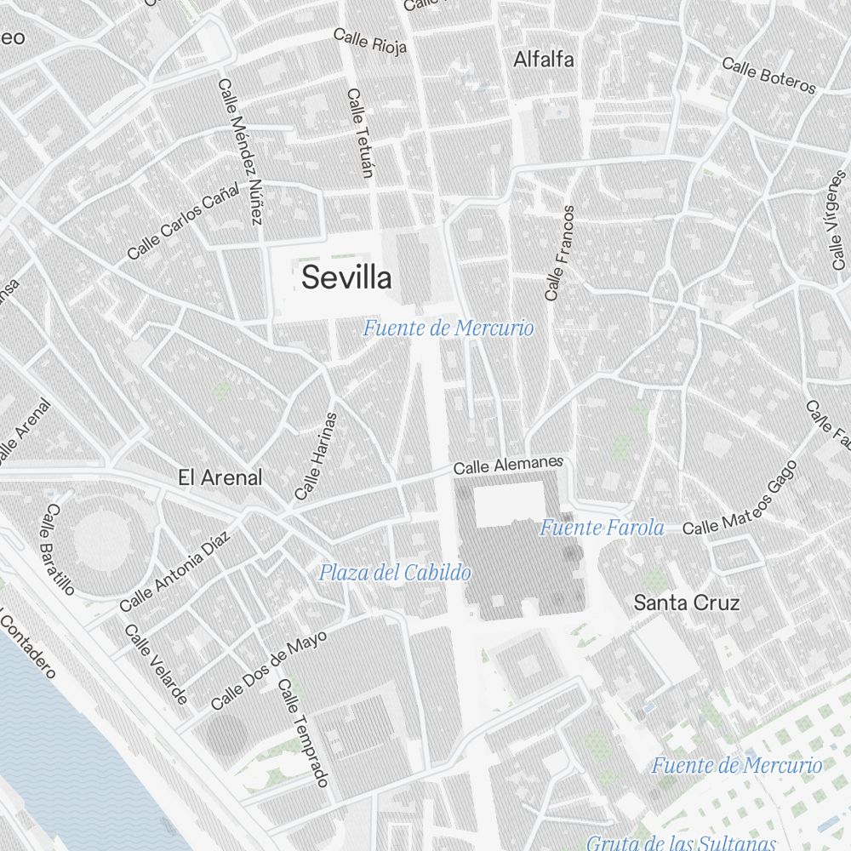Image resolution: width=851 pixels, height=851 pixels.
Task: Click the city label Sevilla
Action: coord(347,277)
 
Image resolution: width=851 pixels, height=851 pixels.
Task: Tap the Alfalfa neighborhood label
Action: coord(544,60)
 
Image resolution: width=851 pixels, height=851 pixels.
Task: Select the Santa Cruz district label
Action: coord(687,603)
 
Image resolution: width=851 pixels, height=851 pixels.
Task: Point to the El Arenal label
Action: coord(220,477)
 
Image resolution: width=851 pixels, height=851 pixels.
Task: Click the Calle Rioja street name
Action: coord(370,40)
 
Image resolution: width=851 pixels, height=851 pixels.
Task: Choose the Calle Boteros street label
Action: coord(768,76)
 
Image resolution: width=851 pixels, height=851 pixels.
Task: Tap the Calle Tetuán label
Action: coord(361,134)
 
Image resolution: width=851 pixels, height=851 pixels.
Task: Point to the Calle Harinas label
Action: coord(316,456)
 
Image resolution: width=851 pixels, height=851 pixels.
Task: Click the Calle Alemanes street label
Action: coord(508,465)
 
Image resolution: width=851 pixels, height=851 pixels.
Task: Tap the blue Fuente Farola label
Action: coord(601,528)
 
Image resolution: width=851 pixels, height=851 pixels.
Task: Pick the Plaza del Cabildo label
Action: coord(394,573)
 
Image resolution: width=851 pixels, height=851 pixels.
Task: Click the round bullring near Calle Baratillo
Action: coord(100,540)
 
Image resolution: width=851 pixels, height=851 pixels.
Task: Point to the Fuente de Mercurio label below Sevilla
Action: coord(448,328)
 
